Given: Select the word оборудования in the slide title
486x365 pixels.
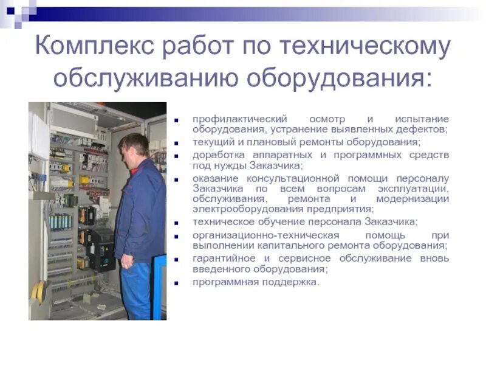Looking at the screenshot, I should tap(340, 79).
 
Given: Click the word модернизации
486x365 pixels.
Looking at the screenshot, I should tap(412, 199).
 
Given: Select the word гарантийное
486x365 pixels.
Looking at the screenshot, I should tap(223, 259).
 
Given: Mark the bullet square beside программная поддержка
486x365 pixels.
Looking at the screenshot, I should tap(177, 283).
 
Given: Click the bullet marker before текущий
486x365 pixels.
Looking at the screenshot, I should tap(177, 143).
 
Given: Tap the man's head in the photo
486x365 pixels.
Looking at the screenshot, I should tap(133, 146).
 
